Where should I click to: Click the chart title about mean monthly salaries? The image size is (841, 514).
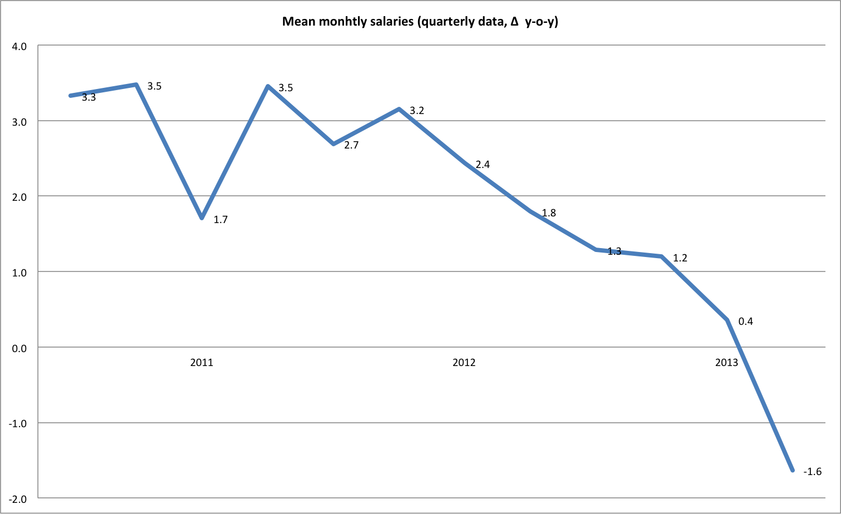pyautogui.click(x=420, y=22)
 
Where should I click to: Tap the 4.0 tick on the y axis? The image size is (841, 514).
pyautogui.click(x=19, y=46)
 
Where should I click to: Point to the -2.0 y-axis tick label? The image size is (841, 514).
pyautogui.click(x=18, y=499)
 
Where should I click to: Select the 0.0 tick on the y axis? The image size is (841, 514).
pyautogui.click(x=19, y=348)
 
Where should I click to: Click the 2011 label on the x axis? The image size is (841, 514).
pyautogui.click(x=201, y=363)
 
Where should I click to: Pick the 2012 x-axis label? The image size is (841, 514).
pyautogui.click(x=464, y=363)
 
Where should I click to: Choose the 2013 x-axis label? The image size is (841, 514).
pyautogui.click(x=726, y=363)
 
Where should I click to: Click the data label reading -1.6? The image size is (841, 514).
pyautogui.click(x=812, y=472)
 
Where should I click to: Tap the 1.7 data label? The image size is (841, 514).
pyautogui.click(x=221, y=220)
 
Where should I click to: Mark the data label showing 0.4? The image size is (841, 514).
pyautogui.click(x=745, y=322)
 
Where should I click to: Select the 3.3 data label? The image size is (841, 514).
pyautogui.click(x=89, y=98)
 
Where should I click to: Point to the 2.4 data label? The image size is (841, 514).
pyautogui.click(x=482, y=165)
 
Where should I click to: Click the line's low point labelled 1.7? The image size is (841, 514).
pyautogui.click(x=202, y=218)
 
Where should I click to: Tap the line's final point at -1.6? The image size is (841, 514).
pyautogui.click(x=792, y=470)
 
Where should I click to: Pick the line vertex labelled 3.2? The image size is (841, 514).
pyautogui.click(x=399, y=109)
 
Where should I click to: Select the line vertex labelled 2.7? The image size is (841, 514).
pyautogui.click(x=334, y=144)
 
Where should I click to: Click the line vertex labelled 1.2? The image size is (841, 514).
pyautogui.click(x=661, y=256)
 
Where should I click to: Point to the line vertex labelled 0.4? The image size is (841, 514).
pyautogui.click(x=727, y=320)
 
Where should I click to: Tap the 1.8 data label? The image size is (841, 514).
pyautogui.click(x=549, y=213)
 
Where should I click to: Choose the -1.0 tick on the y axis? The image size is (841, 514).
pyautogui.click(x=18, y=423)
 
